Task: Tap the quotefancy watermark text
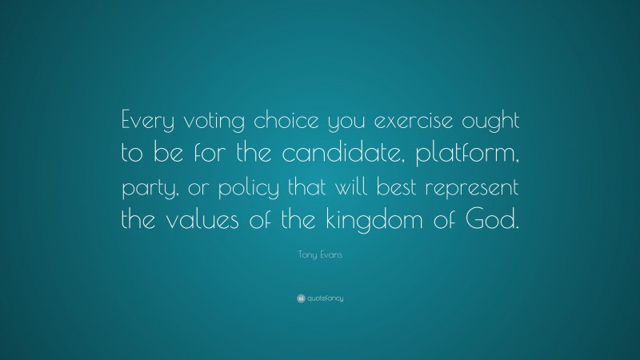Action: coord(325,298)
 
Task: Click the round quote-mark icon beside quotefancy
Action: coord(300,298)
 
